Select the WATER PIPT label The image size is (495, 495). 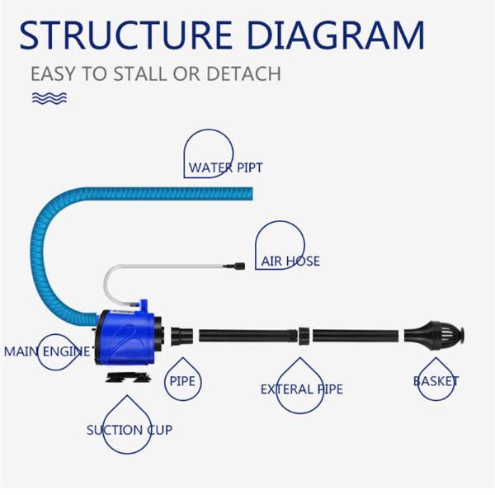[225, 167]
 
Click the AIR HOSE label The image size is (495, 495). [290, 262]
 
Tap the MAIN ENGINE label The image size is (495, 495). [47, 351]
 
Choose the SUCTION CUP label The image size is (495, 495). [130, 430]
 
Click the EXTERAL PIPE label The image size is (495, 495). [301, 389]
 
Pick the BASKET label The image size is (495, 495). [436, 381]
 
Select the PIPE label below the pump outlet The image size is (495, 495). [181, 382]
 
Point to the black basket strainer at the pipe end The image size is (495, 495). [437, 335]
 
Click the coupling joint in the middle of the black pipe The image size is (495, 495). [303, 336]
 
